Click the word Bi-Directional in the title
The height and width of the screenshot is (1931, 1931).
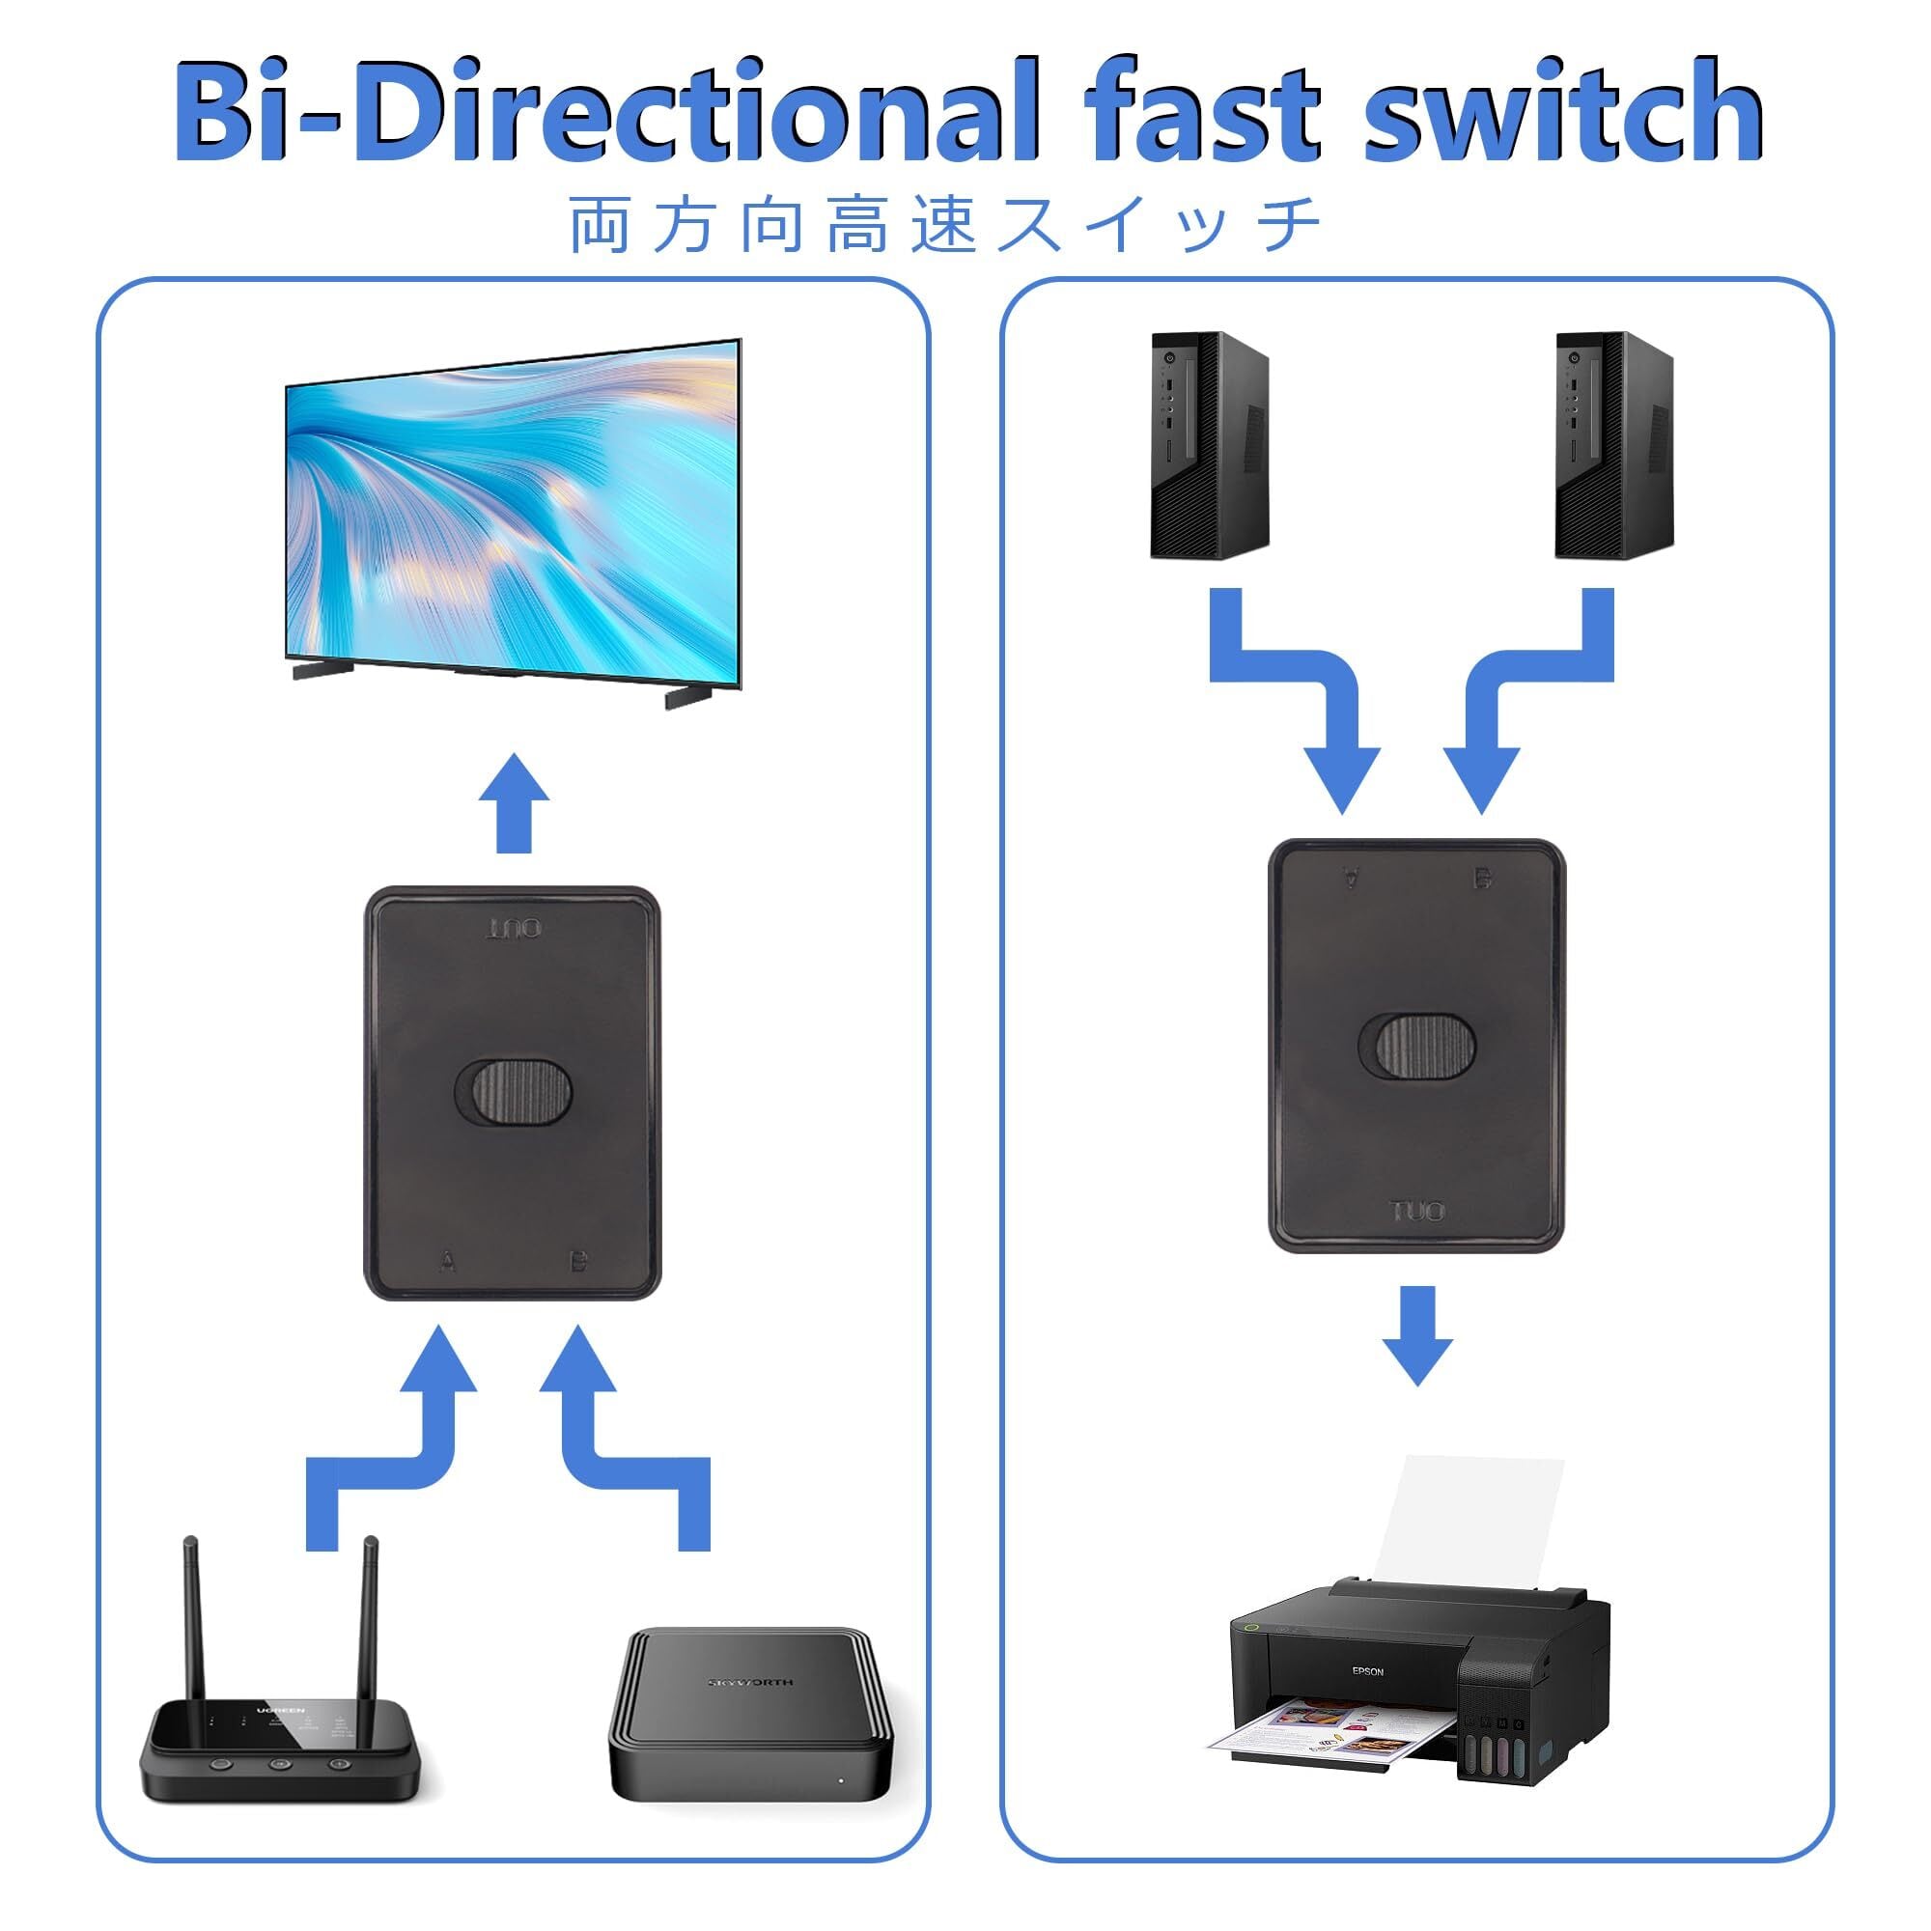600,112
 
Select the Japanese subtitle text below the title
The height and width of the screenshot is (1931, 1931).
944,226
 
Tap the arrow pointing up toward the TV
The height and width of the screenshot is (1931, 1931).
514,805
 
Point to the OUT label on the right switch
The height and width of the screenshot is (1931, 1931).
1417,1213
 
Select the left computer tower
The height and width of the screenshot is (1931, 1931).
1210,445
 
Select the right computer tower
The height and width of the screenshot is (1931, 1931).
1614,445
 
